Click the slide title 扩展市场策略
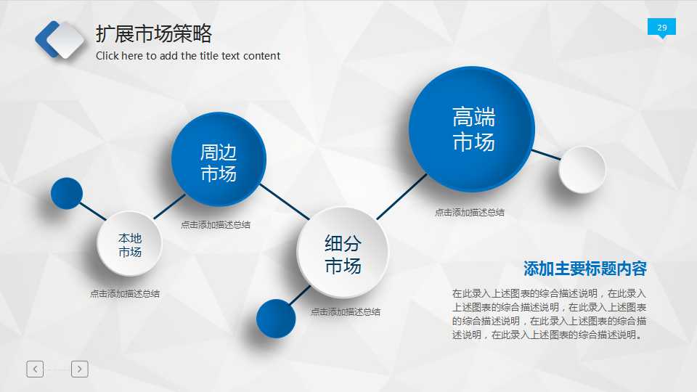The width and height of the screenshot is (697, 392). pyautogui.click(x=154, y=34)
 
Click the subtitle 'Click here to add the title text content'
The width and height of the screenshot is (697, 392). pyautogui.click(x=188, y=56)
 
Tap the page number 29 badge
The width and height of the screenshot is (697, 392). pyautogui.click(x=661, y=28)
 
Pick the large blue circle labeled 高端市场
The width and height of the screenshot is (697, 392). pyautogui.click(x=472, y=129)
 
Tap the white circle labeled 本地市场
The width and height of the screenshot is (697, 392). pyautogui.click(x=130, y=244)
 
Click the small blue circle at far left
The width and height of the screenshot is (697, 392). pyautogui.click(x=67, y=193)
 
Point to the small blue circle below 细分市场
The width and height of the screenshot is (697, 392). pyautogui.click(x=276, y=318)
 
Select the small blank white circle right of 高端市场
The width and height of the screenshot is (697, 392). pyautogui.click(x=582, y=170)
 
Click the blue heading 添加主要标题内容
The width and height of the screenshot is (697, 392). pyautogui.click(x=584, y=269)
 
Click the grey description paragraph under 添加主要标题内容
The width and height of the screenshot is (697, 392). pyautogui.click(x=549, y=314)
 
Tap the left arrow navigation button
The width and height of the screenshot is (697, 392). pyautogui.click(x=35, y=369)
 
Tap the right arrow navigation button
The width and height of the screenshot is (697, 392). pyautogui.click(x=80, y=369)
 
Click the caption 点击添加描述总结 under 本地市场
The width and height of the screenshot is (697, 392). pyautogui.click(x=125, y=294)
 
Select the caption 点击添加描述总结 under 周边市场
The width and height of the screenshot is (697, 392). pyautogui.click(x=216, y=225)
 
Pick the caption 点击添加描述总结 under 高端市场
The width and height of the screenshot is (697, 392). pyautogui.click(x=470, y=213)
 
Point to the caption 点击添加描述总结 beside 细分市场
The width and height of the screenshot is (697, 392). pyautogui.click(x=346, y=312)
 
